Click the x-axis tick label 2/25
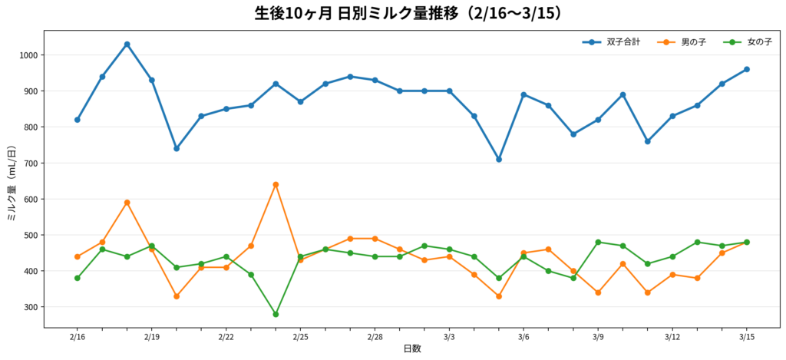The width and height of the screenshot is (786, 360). coord(300,337)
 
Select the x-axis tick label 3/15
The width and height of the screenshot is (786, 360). coord(746,337)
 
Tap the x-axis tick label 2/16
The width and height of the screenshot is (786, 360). coord(78,337)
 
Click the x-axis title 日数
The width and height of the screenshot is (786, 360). coord(412,349)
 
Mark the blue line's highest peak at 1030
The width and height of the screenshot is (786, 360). coord(127,45)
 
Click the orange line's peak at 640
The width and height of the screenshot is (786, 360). coord(276,184)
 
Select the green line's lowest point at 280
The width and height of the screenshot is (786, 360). coord(276,314)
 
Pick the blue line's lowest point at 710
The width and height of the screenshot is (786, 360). coord(499,160)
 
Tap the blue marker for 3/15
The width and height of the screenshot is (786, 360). coord(746,69)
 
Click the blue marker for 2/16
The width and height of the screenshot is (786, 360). coord(78,120)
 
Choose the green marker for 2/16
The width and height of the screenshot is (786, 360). coord(78,278)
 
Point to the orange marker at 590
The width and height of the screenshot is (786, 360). coord(127,203)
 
